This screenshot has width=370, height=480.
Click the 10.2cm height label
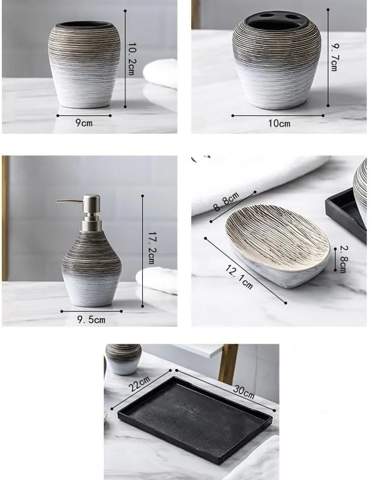pos(131,59)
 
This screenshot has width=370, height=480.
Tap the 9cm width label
pos(84,123)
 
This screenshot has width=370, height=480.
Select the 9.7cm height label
pos(335,57)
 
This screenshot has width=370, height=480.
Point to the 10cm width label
pos(279,124)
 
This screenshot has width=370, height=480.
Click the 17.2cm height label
pos(152,248)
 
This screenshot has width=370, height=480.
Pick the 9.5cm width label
pos(91,320)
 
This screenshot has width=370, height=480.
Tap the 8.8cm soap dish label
pos(226,202)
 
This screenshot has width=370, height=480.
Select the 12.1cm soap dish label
pos(239,277)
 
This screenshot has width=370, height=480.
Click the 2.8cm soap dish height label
pos(342,259)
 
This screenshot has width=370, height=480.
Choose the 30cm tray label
pos(244,392)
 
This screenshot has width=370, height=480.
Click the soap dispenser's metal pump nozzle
pos(70,202)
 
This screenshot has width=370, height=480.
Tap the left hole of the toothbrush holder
pos(267,15)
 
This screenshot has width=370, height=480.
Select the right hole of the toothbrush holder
pos(293,17)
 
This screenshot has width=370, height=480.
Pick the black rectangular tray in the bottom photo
pos(195,419)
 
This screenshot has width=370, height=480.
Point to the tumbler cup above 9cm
pos(84,64)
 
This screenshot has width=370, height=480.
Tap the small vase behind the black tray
pos(123,359)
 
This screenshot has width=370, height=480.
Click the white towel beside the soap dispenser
pos(157,280)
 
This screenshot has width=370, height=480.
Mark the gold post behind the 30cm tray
pos(228,364)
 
